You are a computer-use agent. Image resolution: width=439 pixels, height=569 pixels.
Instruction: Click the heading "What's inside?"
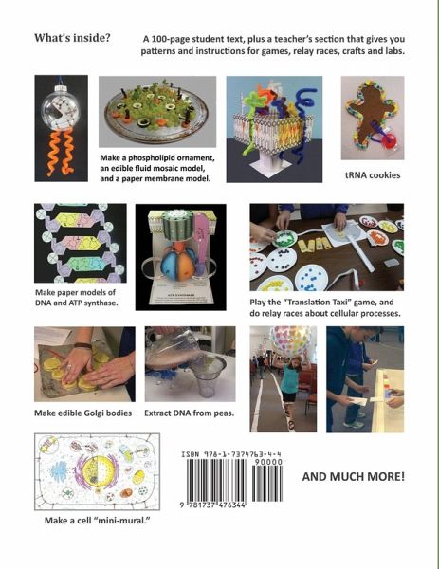pyautogui.click(x=72, y=38)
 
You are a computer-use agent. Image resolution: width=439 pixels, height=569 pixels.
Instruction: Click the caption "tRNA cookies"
pyautogui.click(x=373, y=174)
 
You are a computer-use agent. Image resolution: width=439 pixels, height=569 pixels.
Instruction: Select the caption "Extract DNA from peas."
pyautogui.click(x=189, y=413)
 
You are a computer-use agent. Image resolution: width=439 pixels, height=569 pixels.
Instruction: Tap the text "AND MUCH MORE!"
pyautogui.click(x=353, y=476)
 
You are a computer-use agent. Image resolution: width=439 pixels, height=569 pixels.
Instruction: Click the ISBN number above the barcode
pyautogui.click(x=231, y=454)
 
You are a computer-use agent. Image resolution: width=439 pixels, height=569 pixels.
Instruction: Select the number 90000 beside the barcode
pyautogui.click(x=267, y=462)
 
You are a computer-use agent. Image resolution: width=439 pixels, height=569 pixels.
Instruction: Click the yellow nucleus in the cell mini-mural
pyautogui.click(x=96, y=471)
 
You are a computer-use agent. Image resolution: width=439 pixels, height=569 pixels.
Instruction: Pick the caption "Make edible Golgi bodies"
pyautogui.click(x=83, y=413)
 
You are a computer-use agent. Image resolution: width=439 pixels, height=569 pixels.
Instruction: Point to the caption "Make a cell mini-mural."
pyautogui.click(x=98, y=520)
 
